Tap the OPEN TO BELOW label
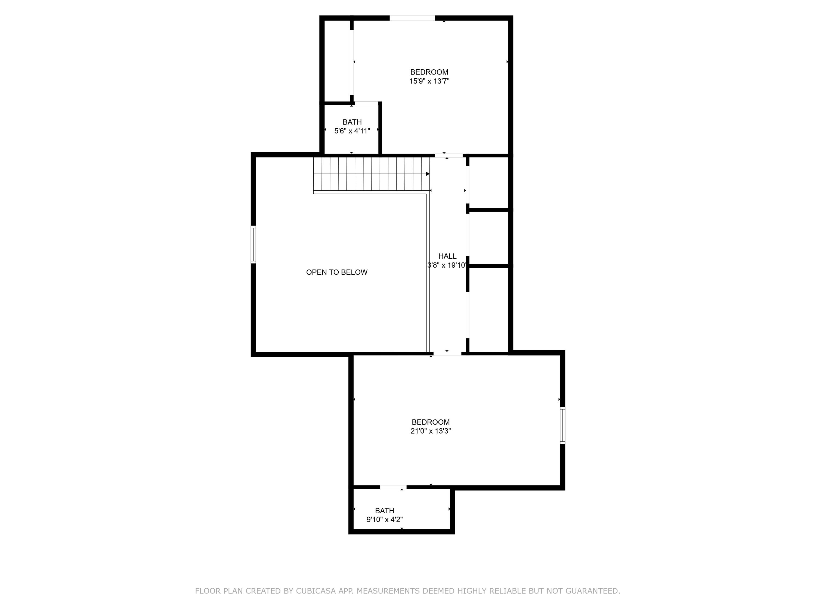coord(336,272)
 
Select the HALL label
coord(447,256)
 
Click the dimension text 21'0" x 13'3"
coord(431,431)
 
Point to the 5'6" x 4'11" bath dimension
coord(352,131)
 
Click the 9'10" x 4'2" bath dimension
coord(384,520)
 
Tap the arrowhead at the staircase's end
coord(428,174)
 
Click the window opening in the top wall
coord(412,18)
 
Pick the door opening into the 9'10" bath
coord(393,487)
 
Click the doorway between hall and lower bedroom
coord(447,353)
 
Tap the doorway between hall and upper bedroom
coord(449,155)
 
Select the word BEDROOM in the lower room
coord(431,422)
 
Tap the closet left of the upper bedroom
coord(337,61)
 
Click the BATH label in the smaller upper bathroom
coord(352,122)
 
